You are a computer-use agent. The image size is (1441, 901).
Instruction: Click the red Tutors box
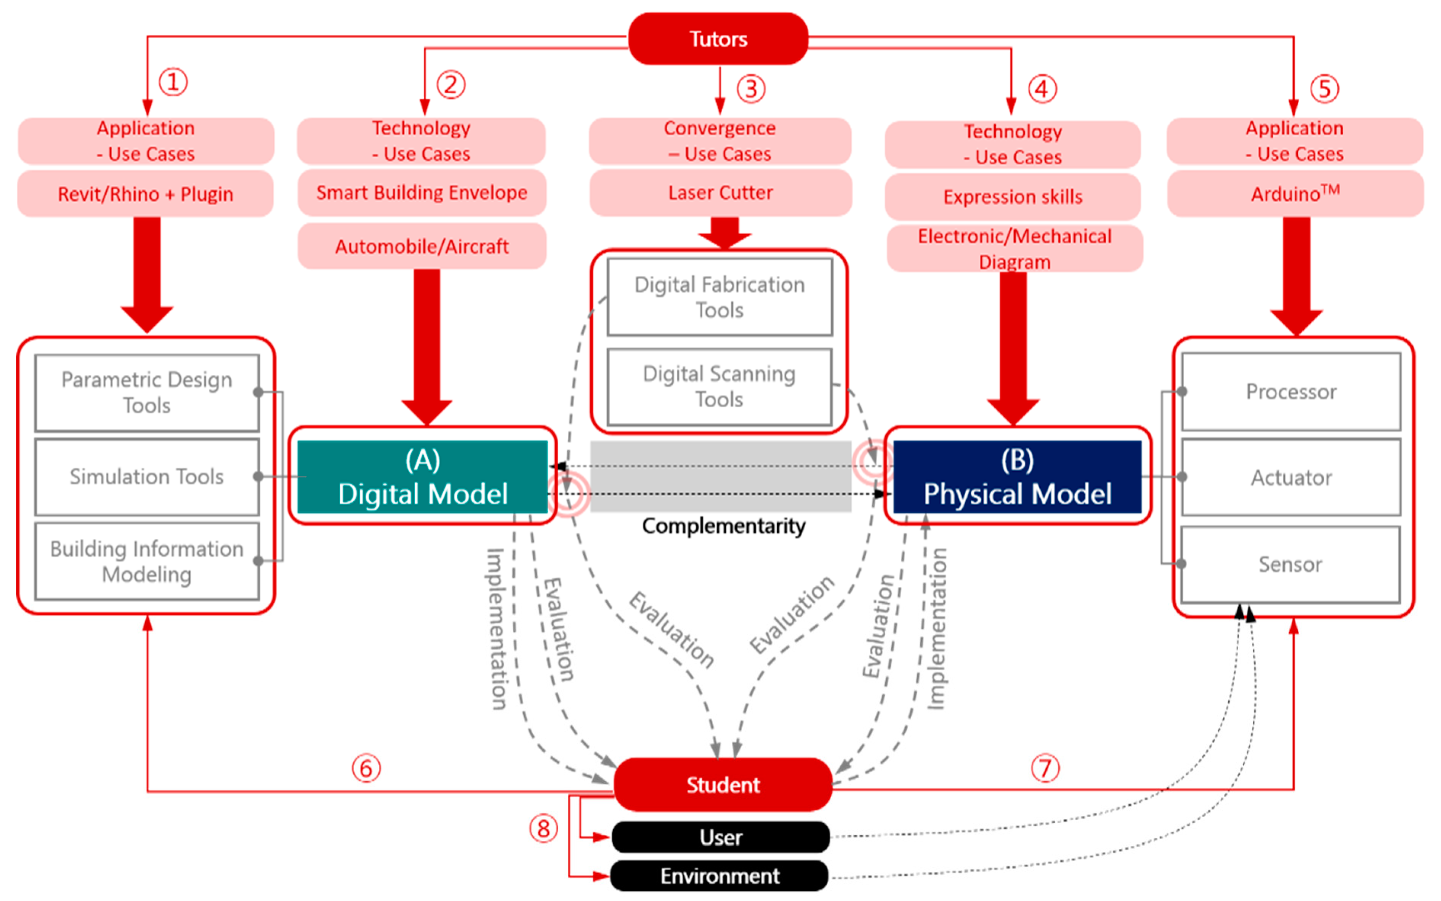tap(718, 39)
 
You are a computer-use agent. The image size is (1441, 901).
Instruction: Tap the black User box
tap(720, 837)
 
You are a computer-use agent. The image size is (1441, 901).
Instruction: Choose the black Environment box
tap(719, 875)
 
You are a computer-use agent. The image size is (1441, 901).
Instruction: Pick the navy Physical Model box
tap(1017, 477)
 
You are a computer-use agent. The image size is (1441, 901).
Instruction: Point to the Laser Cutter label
tap(720, 192)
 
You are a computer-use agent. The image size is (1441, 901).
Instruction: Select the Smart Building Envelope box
tap(422, 192)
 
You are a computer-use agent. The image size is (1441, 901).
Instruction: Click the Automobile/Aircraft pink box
tap(422, 246)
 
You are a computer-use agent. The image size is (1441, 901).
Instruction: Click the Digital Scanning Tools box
tap(719, 386)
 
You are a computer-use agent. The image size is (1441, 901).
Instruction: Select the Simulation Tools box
tap(147, 477)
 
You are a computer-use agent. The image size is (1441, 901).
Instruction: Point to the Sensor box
tap(1290, 564)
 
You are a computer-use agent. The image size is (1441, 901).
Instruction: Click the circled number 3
tap(750, 89)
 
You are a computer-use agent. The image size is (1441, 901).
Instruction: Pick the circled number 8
tap(543, 828)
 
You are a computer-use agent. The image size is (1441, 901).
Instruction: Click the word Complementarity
tap(723, 526)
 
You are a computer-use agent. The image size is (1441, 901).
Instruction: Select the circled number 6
tap(365, 768)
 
